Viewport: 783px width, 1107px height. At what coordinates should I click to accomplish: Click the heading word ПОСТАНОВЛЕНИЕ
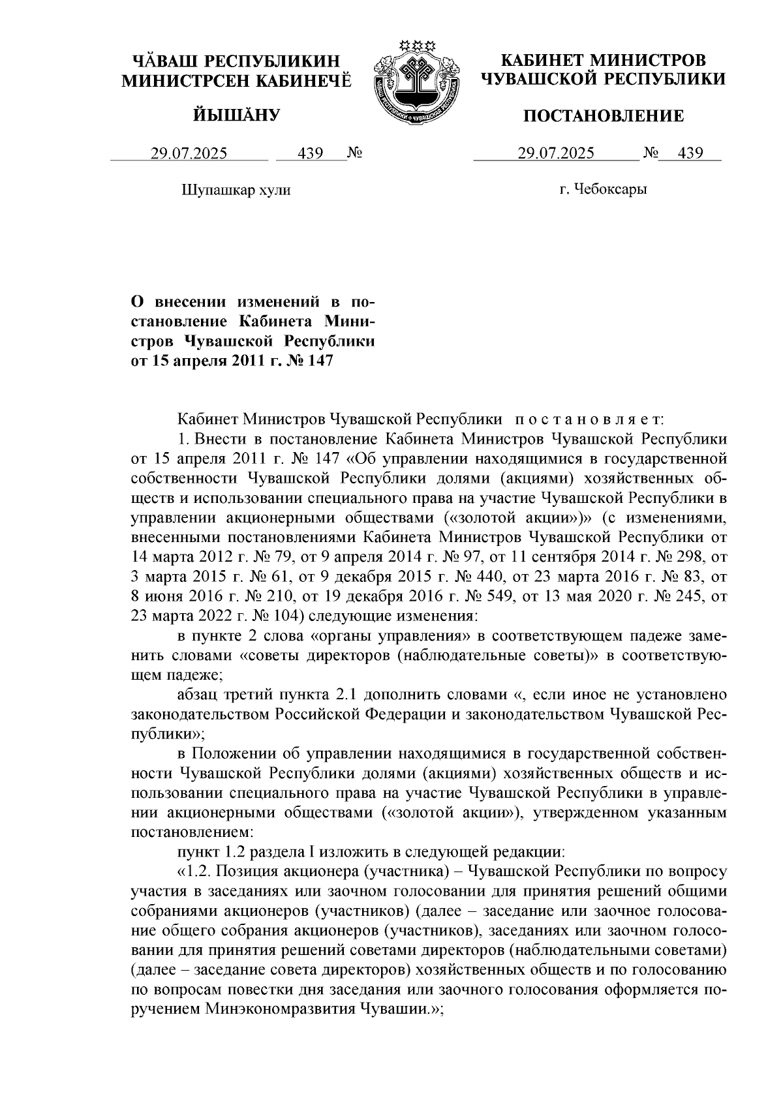click(x=604, y=116)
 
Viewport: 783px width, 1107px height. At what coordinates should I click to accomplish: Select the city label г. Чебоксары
click(x=603, y=190)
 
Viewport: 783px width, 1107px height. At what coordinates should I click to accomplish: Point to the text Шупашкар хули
click(x=235, y=190)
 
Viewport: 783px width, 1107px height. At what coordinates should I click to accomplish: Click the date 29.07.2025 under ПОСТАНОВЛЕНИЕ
click(x=556, y=153)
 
